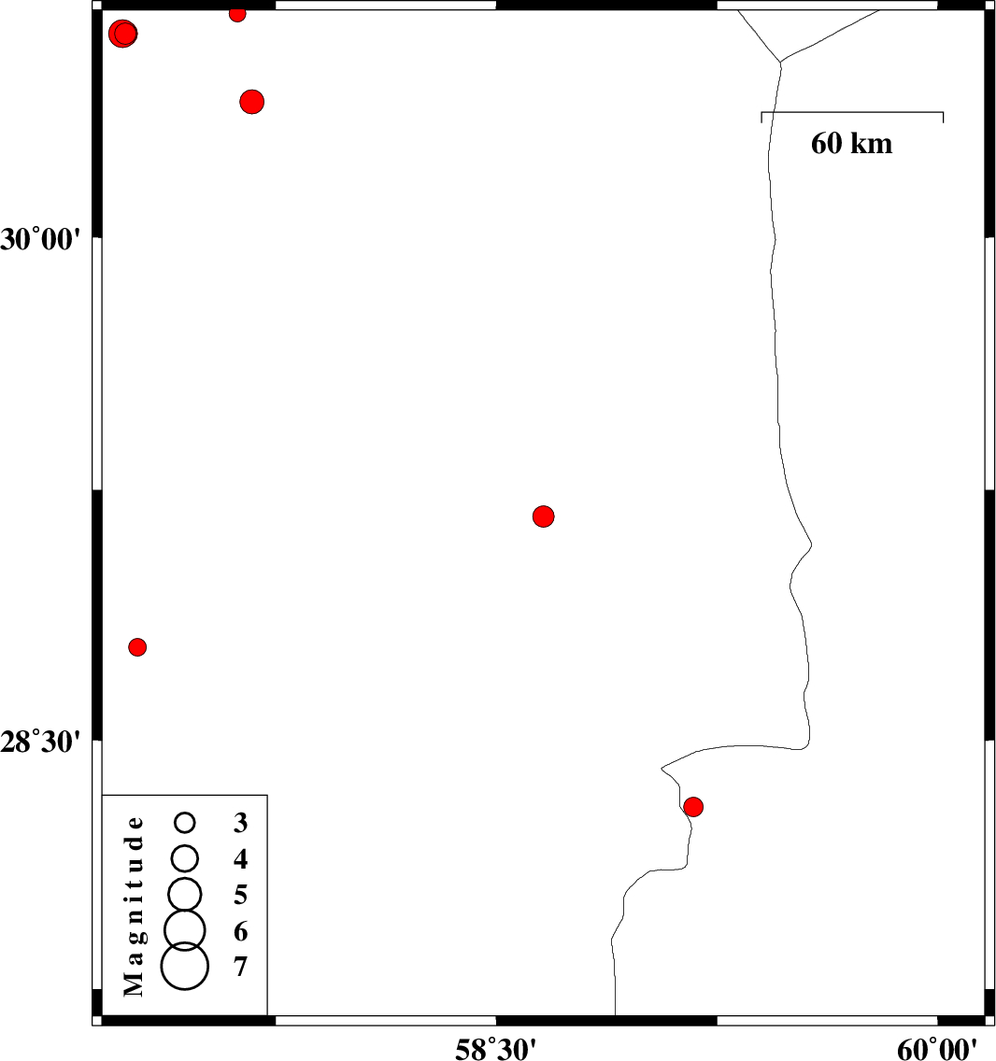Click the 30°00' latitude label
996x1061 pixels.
point(40,239)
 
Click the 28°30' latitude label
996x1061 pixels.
point(40,743)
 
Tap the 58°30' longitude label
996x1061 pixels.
point(495,1049)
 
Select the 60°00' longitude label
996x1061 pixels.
point(937,1049)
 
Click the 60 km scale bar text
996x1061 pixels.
point(852,144)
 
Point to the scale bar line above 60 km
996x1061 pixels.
point(852,112)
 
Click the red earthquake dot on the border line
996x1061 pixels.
point(693,807)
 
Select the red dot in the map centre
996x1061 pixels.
point(543,516)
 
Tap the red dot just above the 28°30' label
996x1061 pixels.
point(137,647)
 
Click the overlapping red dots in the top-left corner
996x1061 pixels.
point(122,34)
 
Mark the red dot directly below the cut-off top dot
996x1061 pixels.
point(252,102)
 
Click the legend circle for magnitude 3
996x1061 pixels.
point(185,822)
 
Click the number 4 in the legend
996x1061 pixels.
point(240,858)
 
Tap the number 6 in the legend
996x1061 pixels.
point(240,932)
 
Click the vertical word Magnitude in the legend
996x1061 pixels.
point(134,906)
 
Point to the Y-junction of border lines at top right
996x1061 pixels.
point(781,63)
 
